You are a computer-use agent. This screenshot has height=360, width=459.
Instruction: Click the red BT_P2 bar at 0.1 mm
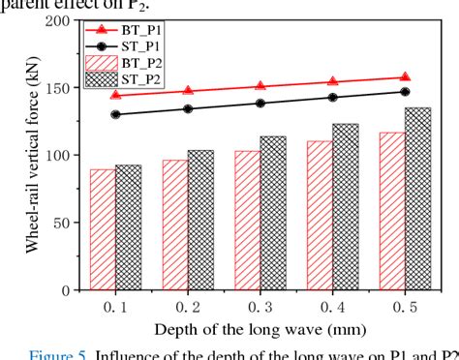pyautogui.click(x=103, y=229)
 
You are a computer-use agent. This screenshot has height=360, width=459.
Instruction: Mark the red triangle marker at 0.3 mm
pyautogui.click(x=260, y=86)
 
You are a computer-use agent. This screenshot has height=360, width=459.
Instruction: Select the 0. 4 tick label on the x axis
pyautogui.click(x=332, y=307)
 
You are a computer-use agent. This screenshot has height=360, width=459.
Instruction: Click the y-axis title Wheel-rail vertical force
pyautogui.click(x=28, y=155)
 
